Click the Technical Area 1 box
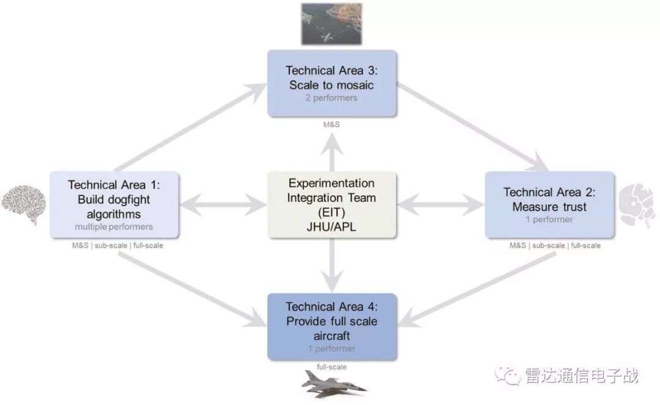click(x=114, y=204)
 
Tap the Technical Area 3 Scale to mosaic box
click(x=332, y=83)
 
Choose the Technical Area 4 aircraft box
click(x=332, y=327)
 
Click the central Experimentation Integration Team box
click(x=332, y=204)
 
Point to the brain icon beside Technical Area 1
click(x=23, y=199)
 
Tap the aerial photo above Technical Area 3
click(x=331, y=23)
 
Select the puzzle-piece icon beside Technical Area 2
click(x=637, y=206)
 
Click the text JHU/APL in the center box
click(x=332, y=226)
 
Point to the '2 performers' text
click(x=332, y=98)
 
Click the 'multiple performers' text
click(x=114, y=227)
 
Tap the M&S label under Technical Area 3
click(x=332, y=125)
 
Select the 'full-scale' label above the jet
click(x=332, y=367)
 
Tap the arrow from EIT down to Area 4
click(x=332, y=266)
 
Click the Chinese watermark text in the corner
click(x=581, y=374)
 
